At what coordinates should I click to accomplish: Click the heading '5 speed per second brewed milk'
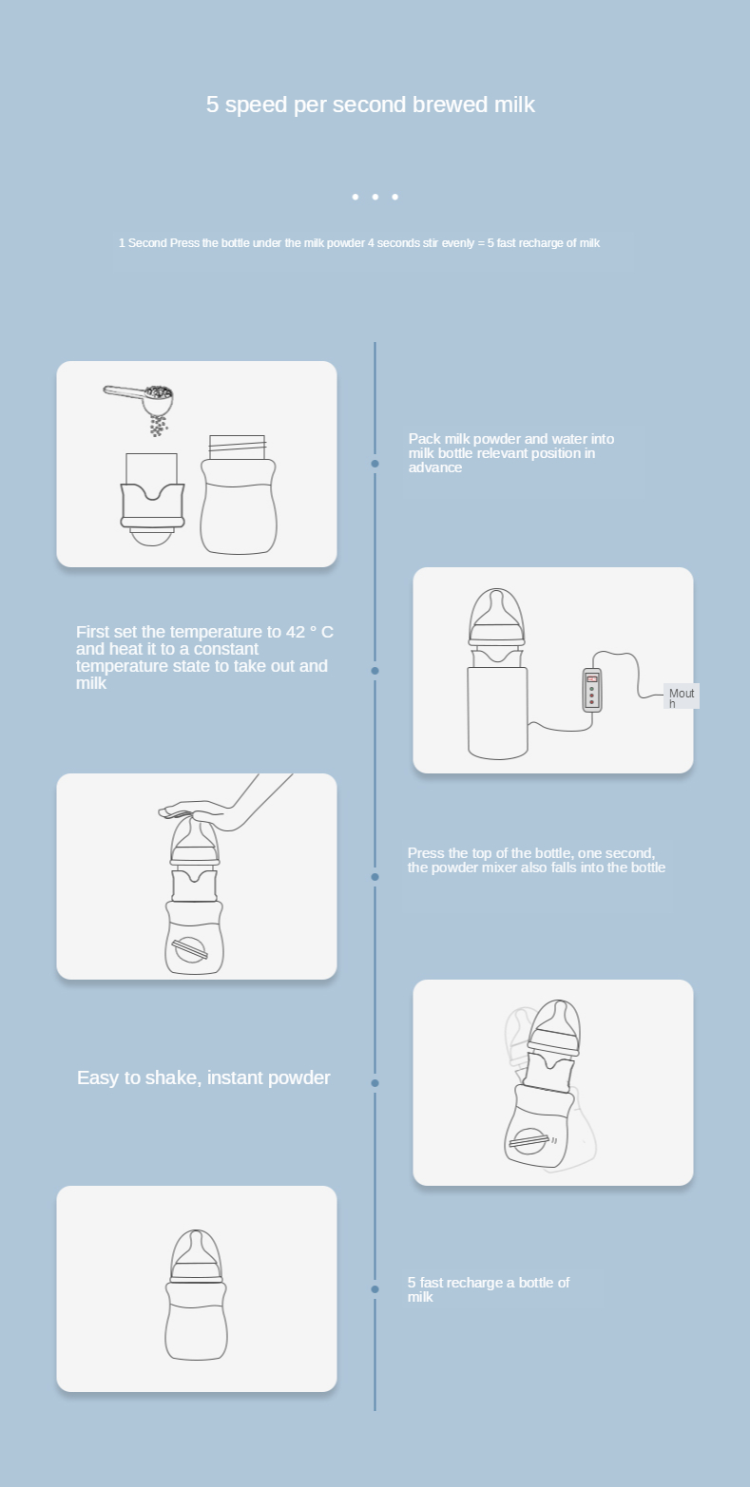pos(370,105)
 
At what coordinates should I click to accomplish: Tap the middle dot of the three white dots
pos(375,197)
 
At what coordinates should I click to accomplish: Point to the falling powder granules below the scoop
pos(158,426)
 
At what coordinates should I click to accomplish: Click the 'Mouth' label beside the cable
pos(682,697)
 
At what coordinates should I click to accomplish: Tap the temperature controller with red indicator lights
pos(592,691)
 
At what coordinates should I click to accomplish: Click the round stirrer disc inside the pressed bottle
pos(190,950)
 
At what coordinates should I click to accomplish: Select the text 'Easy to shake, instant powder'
pos(203,1077)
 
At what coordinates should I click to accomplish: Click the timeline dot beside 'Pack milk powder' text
pos(375,464)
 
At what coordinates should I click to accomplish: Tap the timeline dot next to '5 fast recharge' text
pos(375,1289)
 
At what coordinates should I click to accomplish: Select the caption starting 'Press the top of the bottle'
pos(536,860)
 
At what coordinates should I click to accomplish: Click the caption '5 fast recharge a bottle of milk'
pos(489,1289)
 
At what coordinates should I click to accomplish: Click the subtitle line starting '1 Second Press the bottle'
pos(358,243)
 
